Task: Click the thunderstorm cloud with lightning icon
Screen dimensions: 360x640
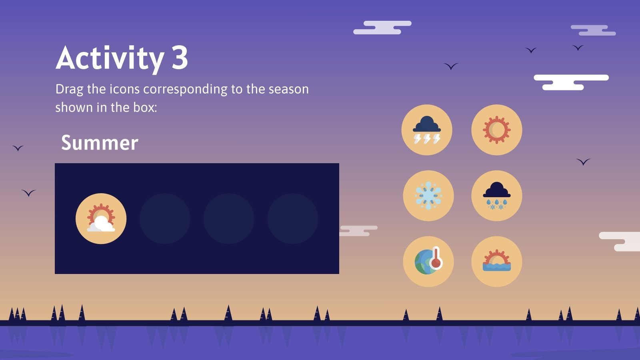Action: pyautogui.click(x=427, y=130)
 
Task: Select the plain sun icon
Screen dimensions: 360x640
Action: pyautogui.click(x=496, y=130)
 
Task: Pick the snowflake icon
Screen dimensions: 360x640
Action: pyautogui.click(x=428, y=196)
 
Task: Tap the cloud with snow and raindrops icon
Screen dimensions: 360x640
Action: pyautogui.click(x=496, y=196)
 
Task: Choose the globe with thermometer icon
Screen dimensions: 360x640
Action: pyautogui.click(x=428, y=262)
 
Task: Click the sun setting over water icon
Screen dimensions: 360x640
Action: pyautogui.click(x=496, y=262)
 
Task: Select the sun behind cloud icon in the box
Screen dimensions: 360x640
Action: pyautogui.click(x=101, y=219)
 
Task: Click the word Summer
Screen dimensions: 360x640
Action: pyautogui.click(x=100, y=143)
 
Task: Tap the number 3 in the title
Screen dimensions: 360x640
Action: pyautogui.click(x=180, y=58)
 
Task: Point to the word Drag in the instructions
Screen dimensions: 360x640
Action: pyautogui.click(x=70, y=89)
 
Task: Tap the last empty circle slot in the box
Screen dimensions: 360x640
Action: pyautogui.click(x=293, y=219)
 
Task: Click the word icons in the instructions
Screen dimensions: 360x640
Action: pyautogui.click(x=124, y=89)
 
